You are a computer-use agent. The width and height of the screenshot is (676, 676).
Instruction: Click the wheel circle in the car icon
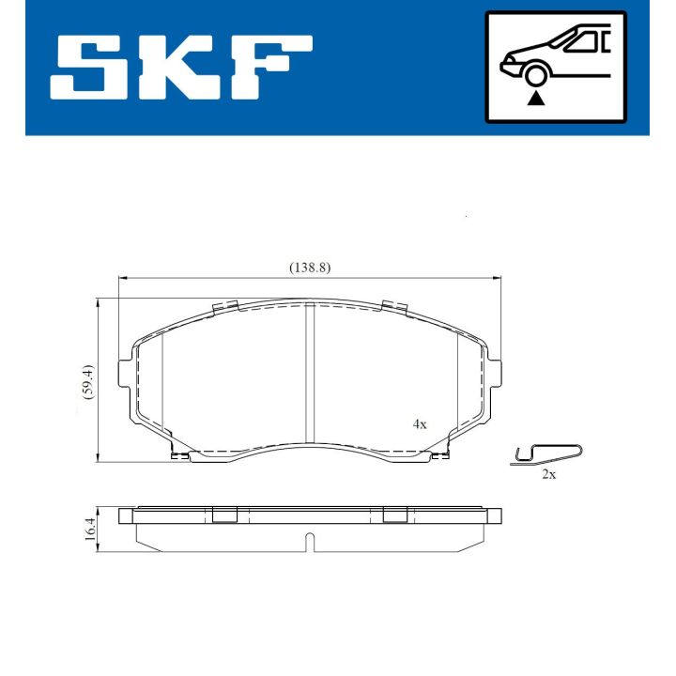pos(536,76)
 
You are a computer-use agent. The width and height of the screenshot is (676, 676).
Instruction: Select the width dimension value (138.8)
pos(309,268)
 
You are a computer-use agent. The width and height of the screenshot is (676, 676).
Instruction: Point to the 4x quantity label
pos(420,424)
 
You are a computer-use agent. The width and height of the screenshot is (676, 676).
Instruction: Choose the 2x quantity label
pos(549,475)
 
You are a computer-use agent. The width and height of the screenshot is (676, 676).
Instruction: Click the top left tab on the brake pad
pos(224,307)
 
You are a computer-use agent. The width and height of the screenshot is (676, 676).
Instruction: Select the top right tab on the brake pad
pos(394,307)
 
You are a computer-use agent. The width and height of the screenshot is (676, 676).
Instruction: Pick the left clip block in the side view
pos(224,514)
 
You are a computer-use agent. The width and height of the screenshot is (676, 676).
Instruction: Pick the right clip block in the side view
pos(394,514)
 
